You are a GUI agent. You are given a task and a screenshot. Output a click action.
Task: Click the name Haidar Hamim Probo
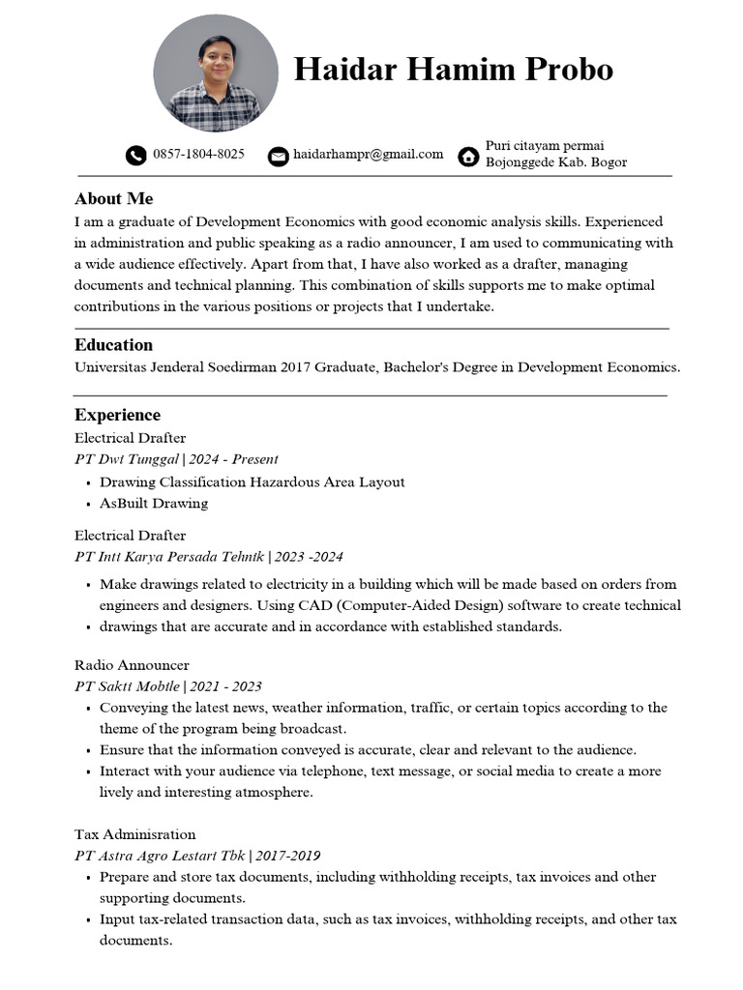(453, 70)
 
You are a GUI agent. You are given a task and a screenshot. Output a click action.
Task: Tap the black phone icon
(136, 156)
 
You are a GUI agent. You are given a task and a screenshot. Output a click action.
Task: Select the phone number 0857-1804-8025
(198, 155)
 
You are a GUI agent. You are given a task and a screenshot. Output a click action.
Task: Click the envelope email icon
(278, 156)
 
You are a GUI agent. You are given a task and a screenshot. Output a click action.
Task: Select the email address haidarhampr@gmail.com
(368, 155)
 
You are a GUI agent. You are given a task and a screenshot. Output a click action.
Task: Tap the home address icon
(469, 156)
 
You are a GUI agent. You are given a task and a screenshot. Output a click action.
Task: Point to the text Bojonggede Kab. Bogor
(555, 162)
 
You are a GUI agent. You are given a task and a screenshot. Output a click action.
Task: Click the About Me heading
(113, 199)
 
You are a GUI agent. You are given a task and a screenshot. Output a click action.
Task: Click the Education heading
(113, 345)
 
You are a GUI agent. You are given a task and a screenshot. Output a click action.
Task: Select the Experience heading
(117, 416)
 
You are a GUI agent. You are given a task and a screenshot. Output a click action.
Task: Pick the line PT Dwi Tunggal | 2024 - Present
(176, 459)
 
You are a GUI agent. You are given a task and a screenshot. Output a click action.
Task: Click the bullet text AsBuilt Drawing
(154, 504)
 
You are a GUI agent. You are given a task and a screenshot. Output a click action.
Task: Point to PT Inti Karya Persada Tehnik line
(208, 557)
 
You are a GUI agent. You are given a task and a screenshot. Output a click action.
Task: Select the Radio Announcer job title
(132, 665)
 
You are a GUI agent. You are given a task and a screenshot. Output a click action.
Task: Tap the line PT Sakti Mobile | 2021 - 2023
(168, 686)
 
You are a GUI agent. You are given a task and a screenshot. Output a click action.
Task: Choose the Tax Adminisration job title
(134, 834)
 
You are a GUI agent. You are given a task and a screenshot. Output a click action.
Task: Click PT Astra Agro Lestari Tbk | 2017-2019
(197, 856)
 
